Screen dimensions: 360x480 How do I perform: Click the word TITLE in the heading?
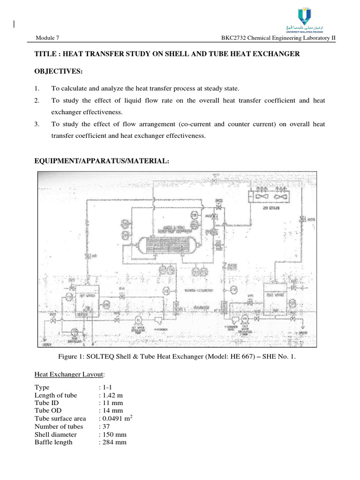point(45,55)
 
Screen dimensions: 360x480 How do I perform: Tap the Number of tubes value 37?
point(105,427)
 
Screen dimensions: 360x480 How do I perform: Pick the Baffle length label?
point(53,442)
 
